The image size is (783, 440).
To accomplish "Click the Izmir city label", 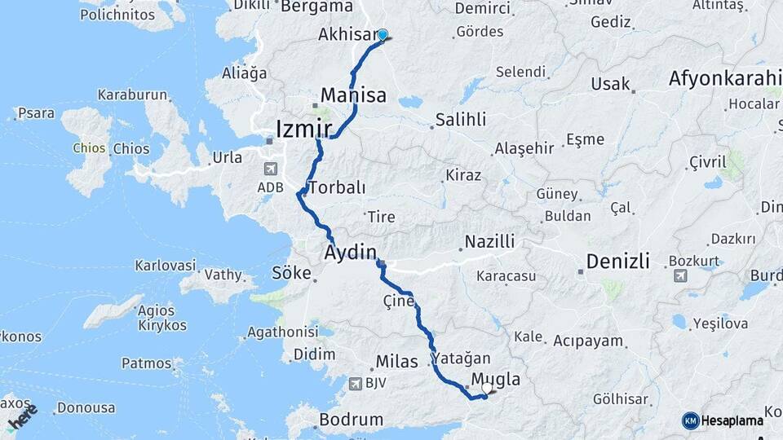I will pos(303,129).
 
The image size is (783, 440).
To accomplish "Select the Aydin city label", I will pos(351,251).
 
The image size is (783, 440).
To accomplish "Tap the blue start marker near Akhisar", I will pos(382,35).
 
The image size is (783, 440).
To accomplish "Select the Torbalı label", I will pos(337,187).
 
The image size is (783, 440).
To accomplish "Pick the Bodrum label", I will pos(351,420).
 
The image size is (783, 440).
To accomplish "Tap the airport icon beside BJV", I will pos(353,383).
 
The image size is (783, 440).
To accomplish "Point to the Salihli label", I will pos(461,120).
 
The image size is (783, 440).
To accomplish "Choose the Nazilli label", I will pos(489,241).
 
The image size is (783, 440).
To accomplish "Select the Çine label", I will pos(399,301).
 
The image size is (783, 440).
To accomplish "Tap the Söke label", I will pos(291,273).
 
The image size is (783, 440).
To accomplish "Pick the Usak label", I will pos(611,84).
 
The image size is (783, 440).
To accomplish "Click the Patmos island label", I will pos(146,363).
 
